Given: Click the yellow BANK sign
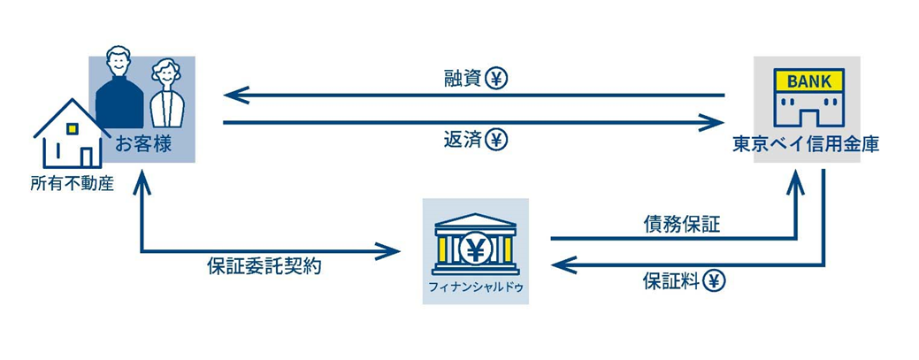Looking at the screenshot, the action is [808, 80].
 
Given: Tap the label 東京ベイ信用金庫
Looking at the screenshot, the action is [806, 144].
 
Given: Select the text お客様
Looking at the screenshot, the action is [142, 144].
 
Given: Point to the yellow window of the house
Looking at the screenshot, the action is [72, 129].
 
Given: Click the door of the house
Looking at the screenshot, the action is [86, 157].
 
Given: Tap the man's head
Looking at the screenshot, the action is [119, 60].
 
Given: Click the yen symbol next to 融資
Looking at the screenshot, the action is [496, 78].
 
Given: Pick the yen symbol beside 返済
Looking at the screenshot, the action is [496, 141].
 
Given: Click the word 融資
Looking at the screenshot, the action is [463, 79].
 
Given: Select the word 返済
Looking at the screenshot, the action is [463, 141].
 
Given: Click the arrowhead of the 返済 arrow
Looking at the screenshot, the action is [711, 123].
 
